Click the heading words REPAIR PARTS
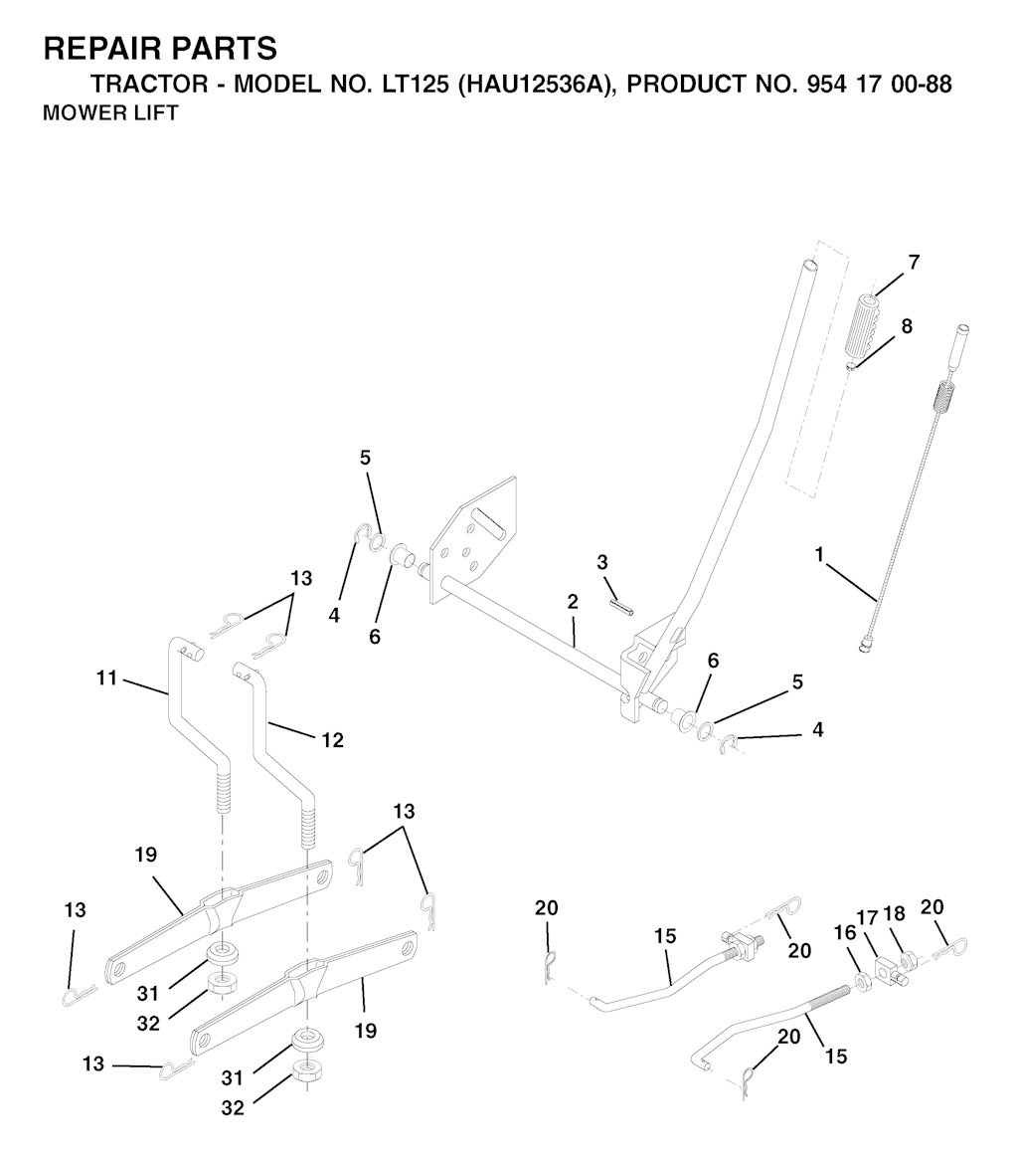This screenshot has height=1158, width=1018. tap(160, 49)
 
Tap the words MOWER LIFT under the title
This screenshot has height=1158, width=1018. tap(110, 113)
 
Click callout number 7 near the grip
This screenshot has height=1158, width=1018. tap(914, 263)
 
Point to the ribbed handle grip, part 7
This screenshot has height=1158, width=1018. tap(862, 330)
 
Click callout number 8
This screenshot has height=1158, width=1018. tap(907, 325)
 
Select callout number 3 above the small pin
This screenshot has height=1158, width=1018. tap(602, 562)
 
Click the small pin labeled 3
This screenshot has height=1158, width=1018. tap(621, 606)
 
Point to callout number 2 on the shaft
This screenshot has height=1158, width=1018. tap(573, 601)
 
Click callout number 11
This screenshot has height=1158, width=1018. tap(107, 677)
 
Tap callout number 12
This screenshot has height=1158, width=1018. tap(333, 740)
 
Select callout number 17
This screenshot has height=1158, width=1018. tap(868, 918)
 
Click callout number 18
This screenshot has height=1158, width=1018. tap(894, 913)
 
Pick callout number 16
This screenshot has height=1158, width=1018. tap(844, 933)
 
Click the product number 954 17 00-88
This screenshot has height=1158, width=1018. tap(874, 85)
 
